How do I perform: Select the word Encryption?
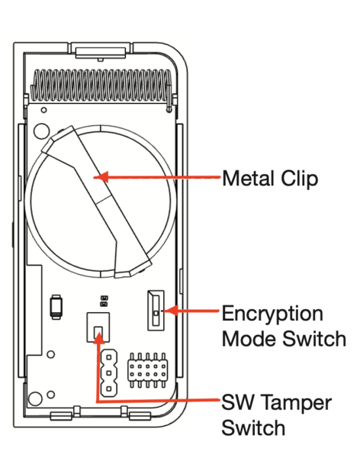(x=272, y=314)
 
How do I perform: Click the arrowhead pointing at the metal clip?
(x=101, y=177)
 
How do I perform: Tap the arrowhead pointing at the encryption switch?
(x=172, y=311)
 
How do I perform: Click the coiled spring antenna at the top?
(x=101, y=86)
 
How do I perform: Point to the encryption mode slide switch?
(x=156, y=311)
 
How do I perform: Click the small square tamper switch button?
(x=98, y=332)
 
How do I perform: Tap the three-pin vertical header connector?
(x=109, y=373)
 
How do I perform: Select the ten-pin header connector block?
(x=148, y=370)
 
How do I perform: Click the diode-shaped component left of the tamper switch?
(x=56, y=307)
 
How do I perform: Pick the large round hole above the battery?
(x=41, y=131)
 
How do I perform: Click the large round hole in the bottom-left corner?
(x=35, y=398)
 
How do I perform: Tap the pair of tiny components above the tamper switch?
(x=104, y=302)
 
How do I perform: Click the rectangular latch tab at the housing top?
(x=101, y=53)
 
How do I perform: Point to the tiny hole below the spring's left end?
(x=43, y=110)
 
